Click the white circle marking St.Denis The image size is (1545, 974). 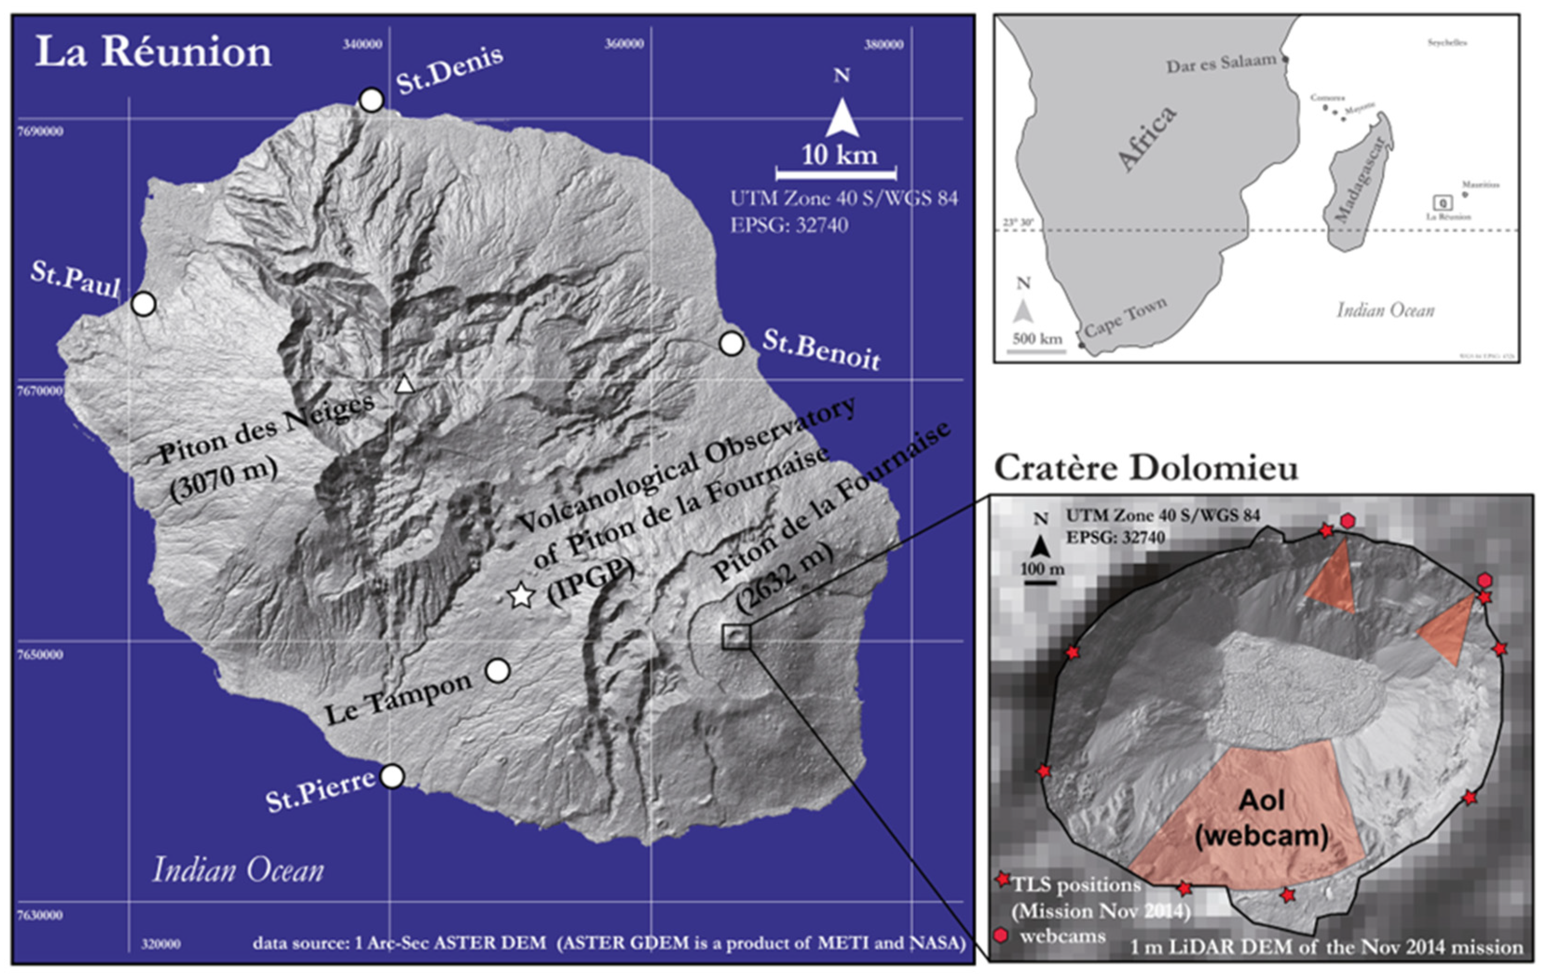click(372, 100)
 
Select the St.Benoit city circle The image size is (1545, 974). click(731, 344)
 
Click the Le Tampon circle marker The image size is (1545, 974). click(498, 671)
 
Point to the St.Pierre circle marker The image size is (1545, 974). click(392, 776)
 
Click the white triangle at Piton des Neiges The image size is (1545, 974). click(404, 385)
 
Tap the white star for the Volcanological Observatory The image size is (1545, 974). click(521, 596)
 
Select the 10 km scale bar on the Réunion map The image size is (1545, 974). click(836, 173)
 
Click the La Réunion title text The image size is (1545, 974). click(154, 51)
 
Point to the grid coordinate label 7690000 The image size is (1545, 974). click(40, 132)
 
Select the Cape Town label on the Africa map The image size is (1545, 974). click(1125, 317)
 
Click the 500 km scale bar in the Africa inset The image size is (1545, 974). click(1036, 351)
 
